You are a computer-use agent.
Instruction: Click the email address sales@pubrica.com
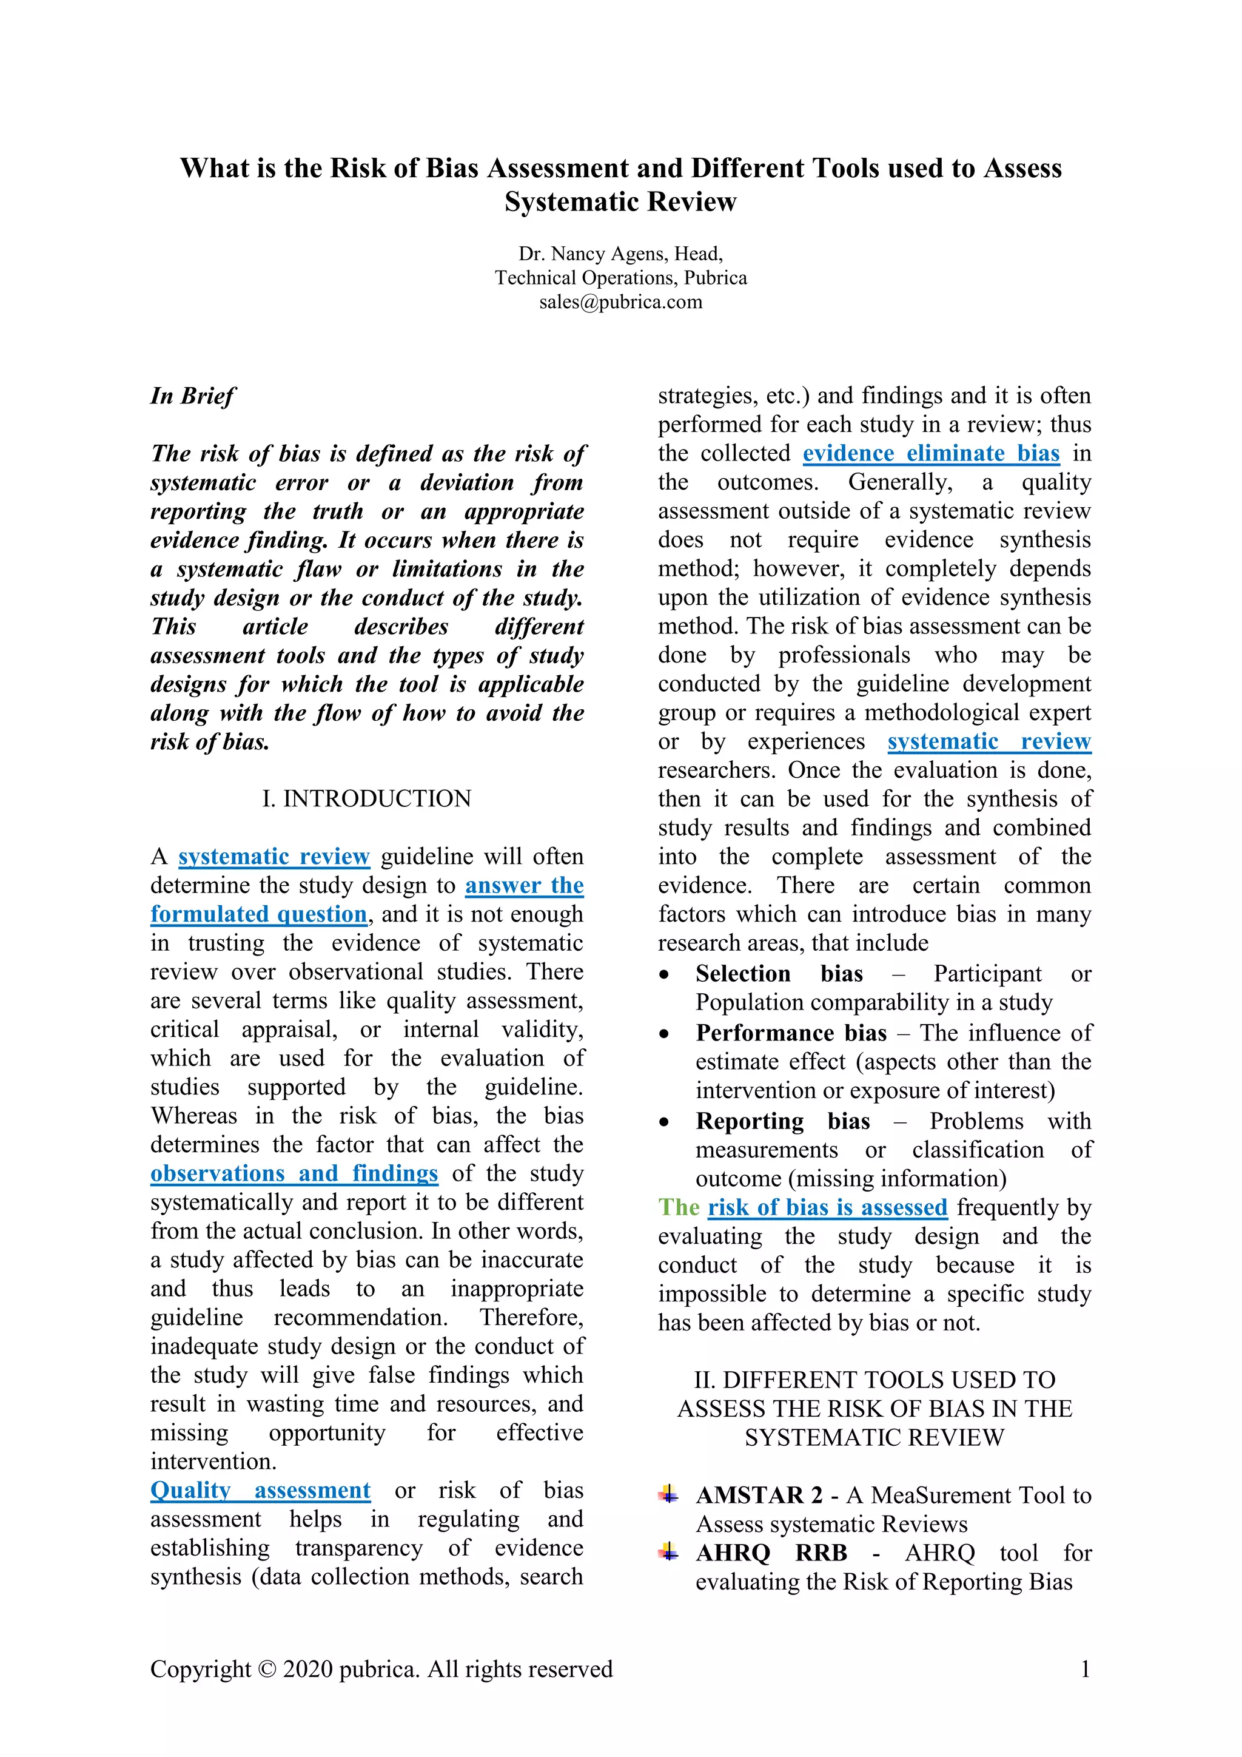coord(620,302)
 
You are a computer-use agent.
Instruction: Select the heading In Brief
coord(193,396)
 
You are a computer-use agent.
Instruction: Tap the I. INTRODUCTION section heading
coord(366,798)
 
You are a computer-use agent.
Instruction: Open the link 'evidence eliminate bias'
coord(931,453)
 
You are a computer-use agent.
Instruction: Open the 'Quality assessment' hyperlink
coord(260,1490)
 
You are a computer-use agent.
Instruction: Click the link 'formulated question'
coord(258,914)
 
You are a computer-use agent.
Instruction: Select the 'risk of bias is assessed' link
coord(827,1207)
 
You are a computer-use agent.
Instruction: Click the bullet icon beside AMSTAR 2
coord(668,1494)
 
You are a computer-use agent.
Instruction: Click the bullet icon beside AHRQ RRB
coord(668,1552)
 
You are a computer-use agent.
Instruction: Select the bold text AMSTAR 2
coord(759,1496)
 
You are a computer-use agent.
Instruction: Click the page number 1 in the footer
coord(1084,1669)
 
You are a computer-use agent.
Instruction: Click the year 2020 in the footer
coord(307,1669)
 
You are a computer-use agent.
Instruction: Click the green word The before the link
coord(679,1207)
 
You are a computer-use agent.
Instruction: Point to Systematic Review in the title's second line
coord(620,201)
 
